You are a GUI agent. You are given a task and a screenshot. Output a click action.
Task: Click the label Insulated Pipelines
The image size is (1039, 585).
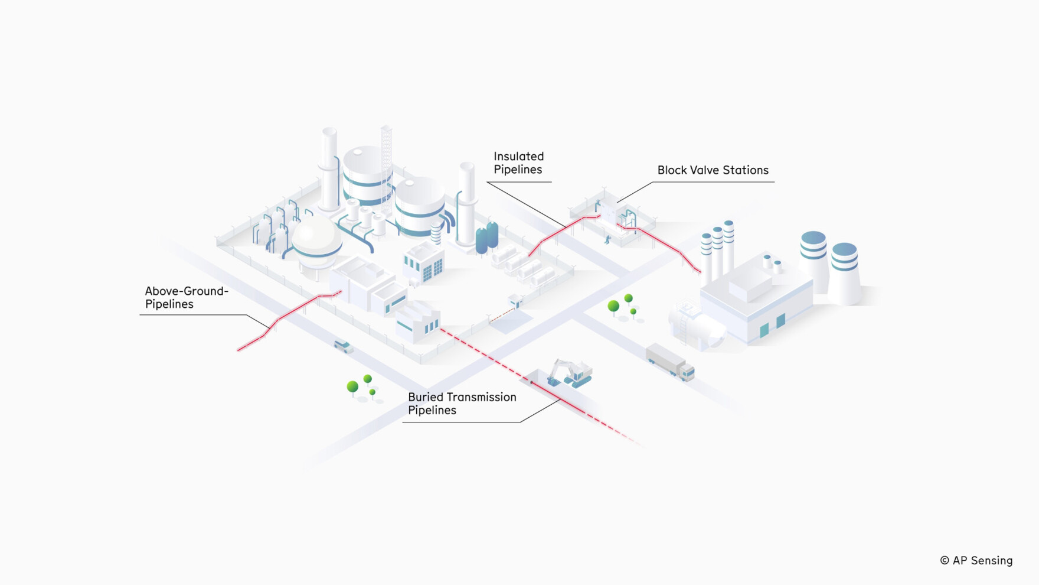(x=518, y=163)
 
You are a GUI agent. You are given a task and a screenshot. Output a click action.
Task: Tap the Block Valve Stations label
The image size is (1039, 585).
(x=713, y=170)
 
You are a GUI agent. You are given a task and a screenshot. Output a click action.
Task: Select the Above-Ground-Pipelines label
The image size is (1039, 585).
(x=186, y=297)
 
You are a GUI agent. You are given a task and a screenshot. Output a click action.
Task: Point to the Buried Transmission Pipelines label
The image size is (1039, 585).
(x=462, y=404)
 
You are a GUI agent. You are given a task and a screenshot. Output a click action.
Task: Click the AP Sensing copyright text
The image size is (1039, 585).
(x=976, y=560)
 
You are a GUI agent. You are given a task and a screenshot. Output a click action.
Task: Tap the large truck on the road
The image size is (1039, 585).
(x=670, y=360)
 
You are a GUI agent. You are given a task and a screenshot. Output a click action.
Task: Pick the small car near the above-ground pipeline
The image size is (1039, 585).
(x=343, y=346)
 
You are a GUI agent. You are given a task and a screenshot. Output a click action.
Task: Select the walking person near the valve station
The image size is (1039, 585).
(x=607, y=239)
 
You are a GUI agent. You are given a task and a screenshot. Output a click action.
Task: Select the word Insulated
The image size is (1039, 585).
(x=518, y=157)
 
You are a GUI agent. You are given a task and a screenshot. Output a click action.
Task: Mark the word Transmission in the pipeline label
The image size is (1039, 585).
(x=481, y=397)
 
